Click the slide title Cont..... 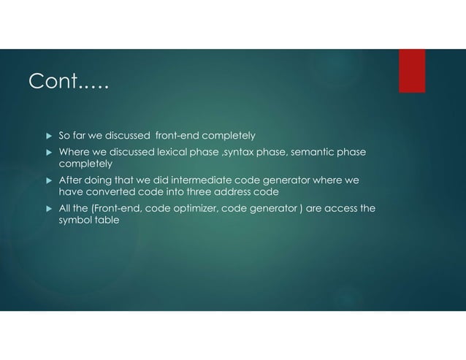coord(68,83)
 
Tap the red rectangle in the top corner coord(412,71)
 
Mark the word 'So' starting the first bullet coord(64,135)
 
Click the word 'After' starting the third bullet coord(72,180)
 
